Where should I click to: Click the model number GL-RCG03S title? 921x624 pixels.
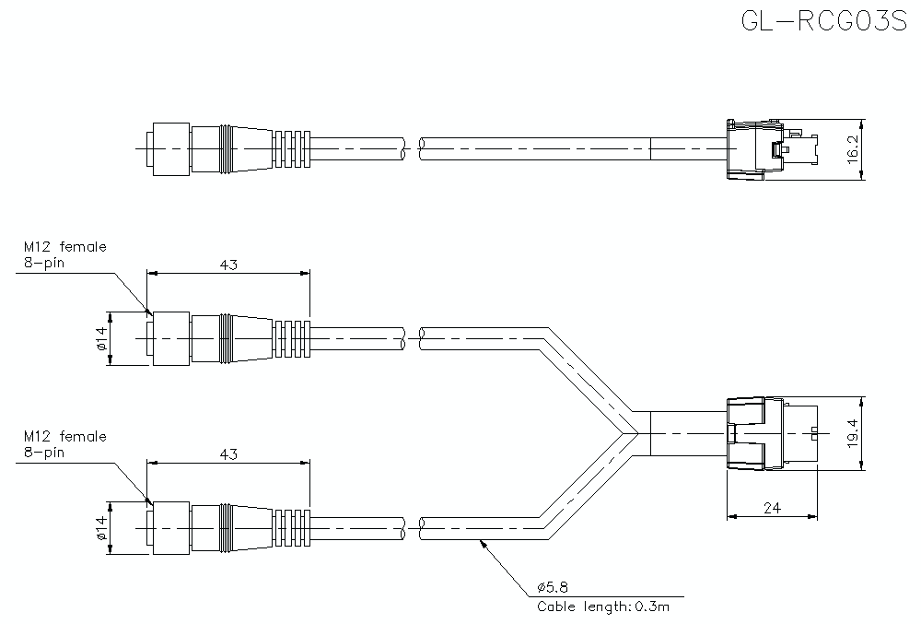point(823,21)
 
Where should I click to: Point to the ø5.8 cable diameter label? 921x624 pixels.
point(552,586)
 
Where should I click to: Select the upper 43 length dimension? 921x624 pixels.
point(228,265)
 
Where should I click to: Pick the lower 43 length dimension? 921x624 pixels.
point(228,453)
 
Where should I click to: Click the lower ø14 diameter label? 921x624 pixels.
point(101,528)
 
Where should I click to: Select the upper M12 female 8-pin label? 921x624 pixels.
point(64,254)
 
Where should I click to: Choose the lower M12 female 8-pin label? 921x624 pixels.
point(64,443)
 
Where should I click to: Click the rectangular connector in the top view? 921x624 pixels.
point(768,147)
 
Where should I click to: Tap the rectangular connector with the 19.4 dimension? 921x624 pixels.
point(768,433)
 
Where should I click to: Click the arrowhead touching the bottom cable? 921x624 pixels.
point(481,542)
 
